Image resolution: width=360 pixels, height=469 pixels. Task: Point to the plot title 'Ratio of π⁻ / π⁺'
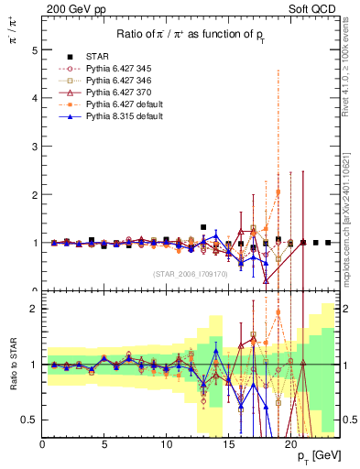pos(191,35)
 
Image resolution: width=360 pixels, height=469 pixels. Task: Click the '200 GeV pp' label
pos(68,7)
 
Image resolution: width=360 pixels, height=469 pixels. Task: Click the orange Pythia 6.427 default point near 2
pos(278,192)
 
